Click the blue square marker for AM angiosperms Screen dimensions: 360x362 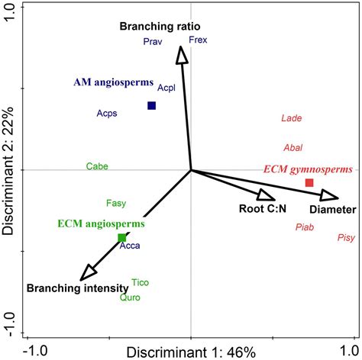[151, 106]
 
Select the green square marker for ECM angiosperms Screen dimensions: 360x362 [121, 238]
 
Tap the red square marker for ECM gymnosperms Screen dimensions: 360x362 [309, 182]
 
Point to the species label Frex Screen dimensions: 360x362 [197, 40]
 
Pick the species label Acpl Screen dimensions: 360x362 [166, 88]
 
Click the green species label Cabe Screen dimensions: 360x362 [97, 166]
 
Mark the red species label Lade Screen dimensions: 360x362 [291, 118]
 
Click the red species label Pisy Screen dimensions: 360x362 [345, 239]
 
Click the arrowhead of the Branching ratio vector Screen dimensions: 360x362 [181, 54]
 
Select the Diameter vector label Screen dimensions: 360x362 [332, 209]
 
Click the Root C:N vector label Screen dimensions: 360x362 [260, 208]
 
